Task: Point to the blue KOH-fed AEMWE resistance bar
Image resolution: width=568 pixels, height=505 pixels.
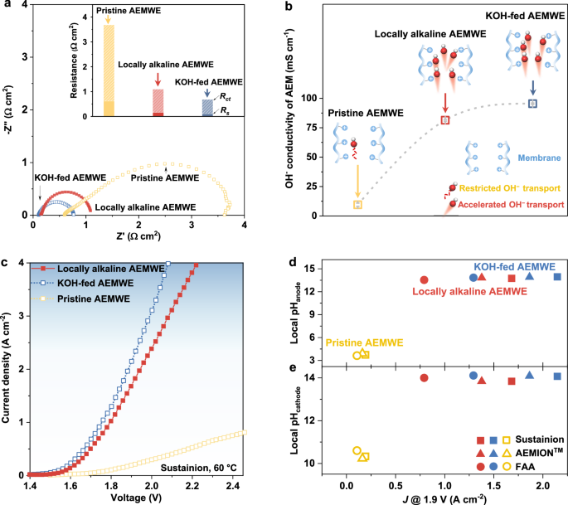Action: [x=206, y=108]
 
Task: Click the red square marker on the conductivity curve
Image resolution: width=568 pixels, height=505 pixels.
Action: [x=445, y=120]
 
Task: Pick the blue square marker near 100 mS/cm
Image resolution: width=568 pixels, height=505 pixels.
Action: [x=533, y=103]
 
